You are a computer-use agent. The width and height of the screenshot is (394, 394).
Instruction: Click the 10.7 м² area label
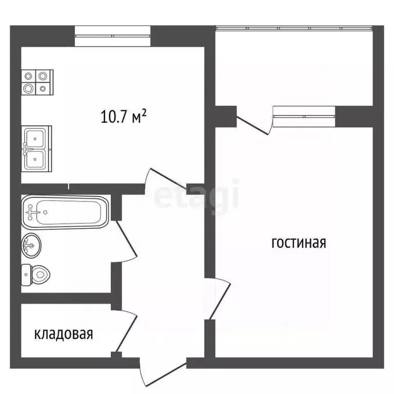[125, 117]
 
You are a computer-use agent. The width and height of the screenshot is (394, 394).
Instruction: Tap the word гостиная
[299, 243]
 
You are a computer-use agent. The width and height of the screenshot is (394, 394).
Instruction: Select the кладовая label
[64, 334]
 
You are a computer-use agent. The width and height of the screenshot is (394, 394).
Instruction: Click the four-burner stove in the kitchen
[37, 82]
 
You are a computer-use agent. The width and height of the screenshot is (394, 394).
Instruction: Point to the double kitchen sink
[36, 148]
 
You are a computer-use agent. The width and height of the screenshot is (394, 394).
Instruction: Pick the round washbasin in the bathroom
[31, 246]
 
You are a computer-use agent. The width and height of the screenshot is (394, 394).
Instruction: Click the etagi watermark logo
[198, 195]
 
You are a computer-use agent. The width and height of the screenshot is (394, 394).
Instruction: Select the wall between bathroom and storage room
[66, 298]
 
